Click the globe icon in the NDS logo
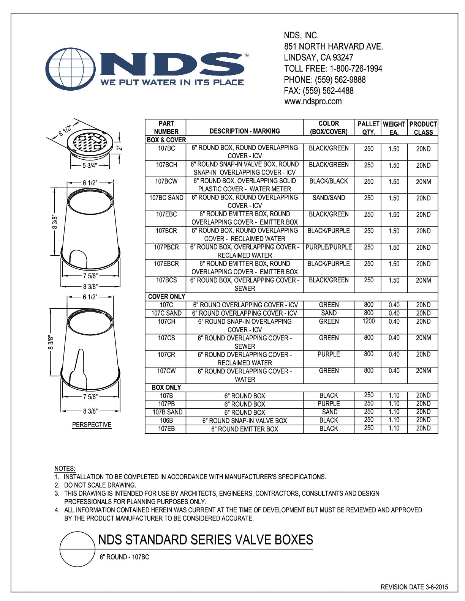click(x=71, y=69)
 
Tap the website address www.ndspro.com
click(x=313, y=101)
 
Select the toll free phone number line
click(x=333, y=69)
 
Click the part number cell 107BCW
click(x=166, y=181)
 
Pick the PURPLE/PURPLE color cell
click(x=329, y=247)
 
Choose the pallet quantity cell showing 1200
click(x=369, y=321)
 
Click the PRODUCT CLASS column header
click(x=423, y=128)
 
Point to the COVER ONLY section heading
click(x=166, y=296)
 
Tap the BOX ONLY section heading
click(x=166, y=387)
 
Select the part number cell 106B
click(x=166, y=420)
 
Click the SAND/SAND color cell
click(x=329, y=198)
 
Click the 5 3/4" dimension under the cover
click(x=90, y=165)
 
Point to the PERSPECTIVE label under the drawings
click(x=92, y=425)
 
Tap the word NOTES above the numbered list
click(x=65, y=469)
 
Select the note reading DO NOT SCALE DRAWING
click(x=100, y=485)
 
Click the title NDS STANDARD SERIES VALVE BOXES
click(x=206, y=540)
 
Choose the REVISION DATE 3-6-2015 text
click(x=414, y=587)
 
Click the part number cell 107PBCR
click(x=166, y=247)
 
